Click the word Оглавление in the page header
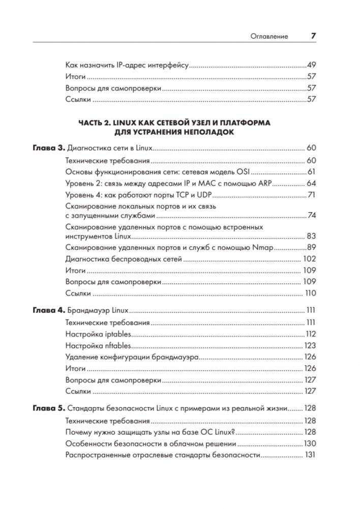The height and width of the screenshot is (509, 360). (269, 36)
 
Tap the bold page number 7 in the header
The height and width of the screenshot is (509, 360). (313, 36)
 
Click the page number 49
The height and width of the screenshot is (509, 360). (312, 66)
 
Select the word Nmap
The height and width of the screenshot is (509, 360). (263, 248)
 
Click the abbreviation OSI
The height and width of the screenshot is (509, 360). (244, 171)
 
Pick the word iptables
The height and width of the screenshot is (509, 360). (115, 334)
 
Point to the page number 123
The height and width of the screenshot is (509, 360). (310, 346)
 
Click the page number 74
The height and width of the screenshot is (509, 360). (312, 216)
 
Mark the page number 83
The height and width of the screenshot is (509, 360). (311, 236)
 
